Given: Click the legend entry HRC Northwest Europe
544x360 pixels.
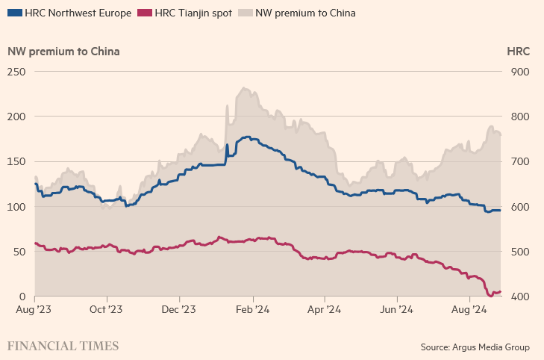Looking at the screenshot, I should [78, 13].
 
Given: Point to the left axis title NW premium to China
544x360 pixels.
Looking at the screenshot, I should [63, 52].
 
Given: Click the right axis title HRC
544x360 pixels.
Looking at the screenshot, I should [518, 52].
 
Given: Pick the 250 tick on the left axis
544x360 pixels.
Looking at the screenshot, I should [16, 72].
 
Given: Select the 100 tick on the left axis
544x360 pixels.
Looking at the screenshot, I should [16, 207].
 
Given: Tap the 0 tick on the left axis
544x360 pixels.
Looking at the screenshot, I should [22, 297].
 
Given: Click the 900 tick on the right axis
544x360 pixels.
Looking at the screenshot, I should [521, 72].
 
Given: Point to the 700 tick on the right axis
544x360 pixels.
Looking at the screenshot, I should [521, 162].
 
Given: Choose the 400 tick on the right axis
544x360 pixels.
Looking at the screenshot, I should [521, 297].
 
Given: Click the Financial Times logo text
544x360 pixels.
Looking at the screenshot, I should [63, 346].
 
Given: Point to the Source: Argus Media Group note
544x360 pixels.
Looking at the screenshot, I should [475, 347].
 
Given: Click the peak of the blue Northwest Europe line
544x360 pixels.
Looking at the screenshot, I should [246, 137].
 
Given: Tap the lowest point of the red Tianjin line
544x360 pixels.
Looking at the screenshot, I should [490, 296].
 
